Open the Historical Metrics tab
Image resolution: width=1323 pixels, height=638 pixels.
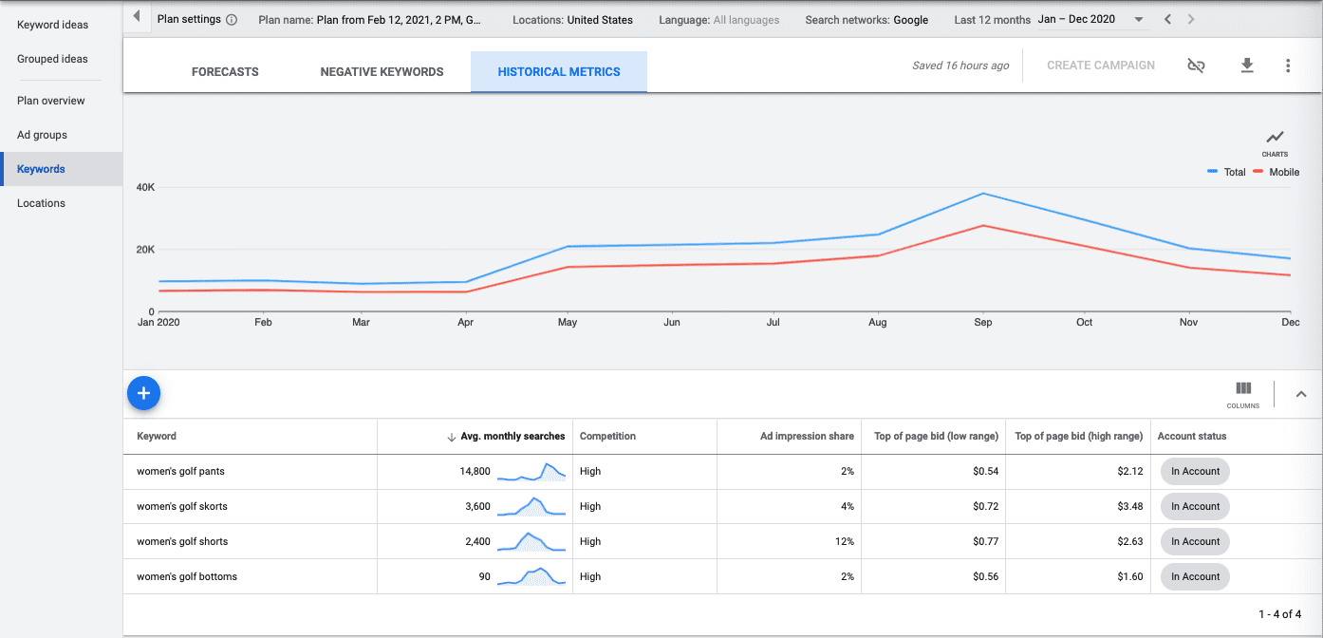[x=558, y=72]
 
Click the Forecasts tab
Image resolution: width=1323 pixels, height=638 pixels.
[x=225, y=72]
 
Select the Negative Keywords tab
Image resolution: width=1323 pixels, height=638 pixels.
[x=382, y=72]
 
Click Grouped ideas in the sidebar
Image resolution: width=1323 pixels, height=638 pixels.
[x=52, y=59]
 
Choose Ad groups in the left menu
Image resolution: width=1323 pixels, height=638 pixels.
[x=42, y=135]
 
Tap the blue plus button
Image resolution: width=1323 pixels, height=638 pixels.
[x=143, y=393]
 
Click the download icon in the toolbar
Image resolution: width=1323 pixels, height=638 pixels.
[x=1247, y=66]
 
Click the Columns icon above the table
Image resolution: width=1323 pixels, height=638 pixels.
[x=1243, y=393]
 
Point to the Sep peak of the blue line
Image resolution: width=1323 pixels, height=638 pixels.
[x=983, y=194]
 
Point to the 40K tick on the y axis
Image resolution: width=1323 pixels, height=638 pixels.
[x=145, y=187]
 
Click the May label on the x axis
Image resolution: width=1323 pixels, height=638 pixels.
[x=568, y=323]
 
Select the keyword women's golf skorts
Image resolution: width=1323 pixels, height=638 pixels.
[x=182, y=506]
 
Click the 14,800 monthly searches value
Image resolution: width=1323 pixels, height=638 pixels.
[x=475, y=471]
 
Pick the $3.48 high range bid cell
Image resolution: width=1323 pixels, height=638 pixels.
[x=1130, y=506]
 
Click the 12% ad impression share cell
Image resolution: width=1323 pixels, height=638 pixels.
[x=844, y=541]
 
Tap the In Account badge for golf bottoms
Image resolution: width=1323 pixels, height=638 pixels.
[x=1195, y=576]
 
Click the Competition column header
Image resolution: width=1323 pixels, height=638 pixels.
[x=607, y=436]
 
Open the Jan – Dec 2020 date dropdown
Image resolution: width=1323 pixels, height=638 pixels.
[x=1091, y=20]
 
